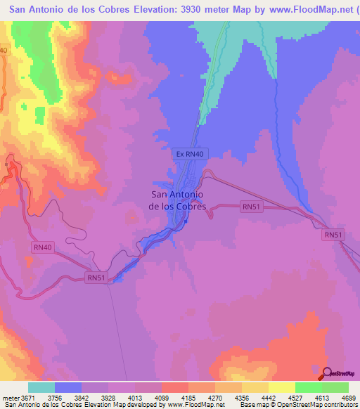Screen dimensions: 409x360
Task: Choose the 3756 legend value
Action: coord(56,398)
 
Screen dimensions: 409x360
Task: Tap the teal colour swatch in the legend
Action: coord(41,387)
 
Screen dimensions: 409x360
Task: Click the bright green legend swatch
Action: coord(308,387)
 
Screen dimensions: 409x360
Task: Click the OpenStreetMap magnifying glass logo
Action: coord(327,372)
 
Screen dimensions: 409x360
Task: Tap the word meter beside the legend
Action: coord(10,398)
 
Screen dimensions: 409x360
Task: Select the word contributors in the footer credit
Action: coord(340,405)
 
